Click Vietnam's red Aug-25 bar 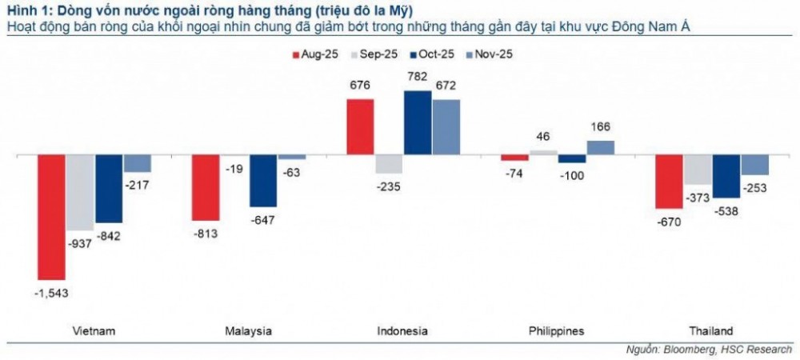coord(52,217)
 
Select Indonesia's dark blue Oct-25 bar coord(418,122)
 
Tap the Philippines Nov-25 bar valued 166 coord(601,147)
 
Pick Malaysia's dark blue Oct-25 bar coord(263,181)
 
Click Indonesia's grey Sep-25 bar coord(390,164)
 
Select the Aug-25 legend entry coord(314,54)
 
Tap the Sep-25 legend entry coord(373,54)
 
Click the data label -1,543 coord(52,294)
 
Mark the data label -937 coord(80,244)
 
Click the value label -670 coord(669,222)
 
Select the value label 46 coord(544,138)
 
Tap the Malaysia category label coord(249,331)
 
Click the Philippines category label coord(557,331)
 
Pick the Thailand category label coord(710,331)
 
